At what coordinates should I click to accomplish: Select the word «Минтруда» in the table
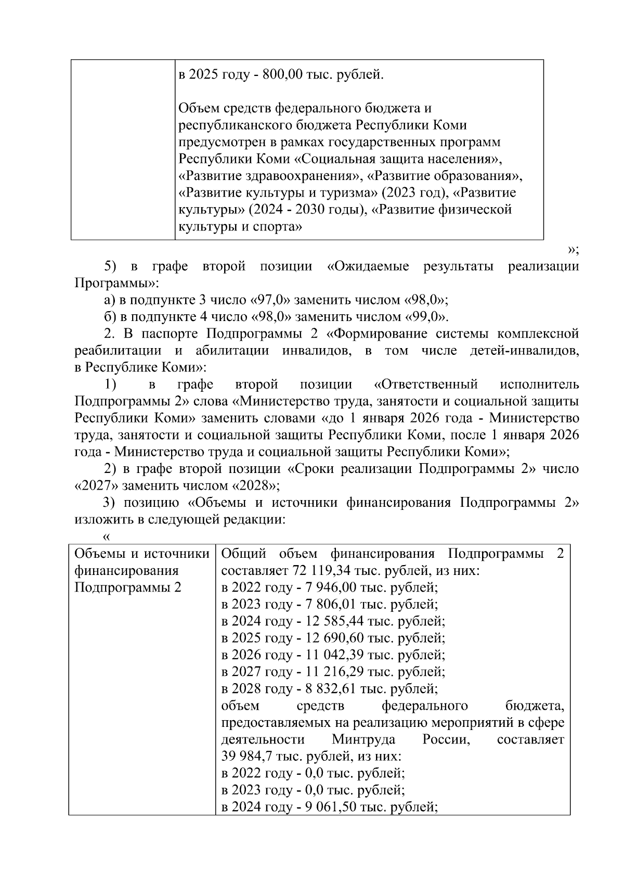click(x=363, y=739)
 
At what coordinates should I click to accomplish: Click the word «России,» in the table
click(x=446, y=739)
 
